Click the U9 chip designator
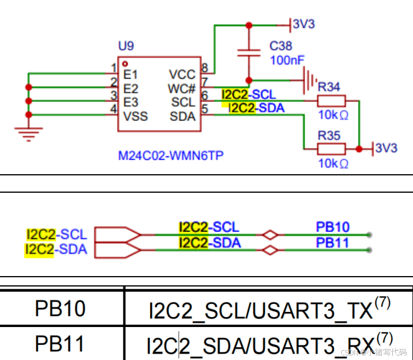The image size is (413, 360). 126,46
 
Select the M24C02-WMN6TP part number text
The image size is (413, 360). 171,156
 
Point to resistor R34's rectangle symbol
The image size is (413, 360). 331,101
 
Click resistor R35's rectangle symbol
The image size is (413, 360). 331,149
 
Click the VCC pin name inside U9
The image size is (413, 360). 182,75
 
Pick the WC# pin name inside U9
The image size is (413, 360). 182,89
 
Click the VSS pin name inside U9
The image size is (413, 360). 136,116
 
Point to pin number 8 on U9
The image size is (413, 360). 204,68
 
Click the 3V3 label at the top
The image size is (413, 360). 304,24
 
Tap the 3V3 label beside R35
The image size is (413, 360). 386,148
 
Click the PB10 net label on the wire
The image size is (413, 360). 332,227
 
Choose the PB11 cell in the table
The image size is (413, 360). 60,344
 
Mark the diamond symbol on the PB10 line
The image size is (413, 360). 269,235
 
